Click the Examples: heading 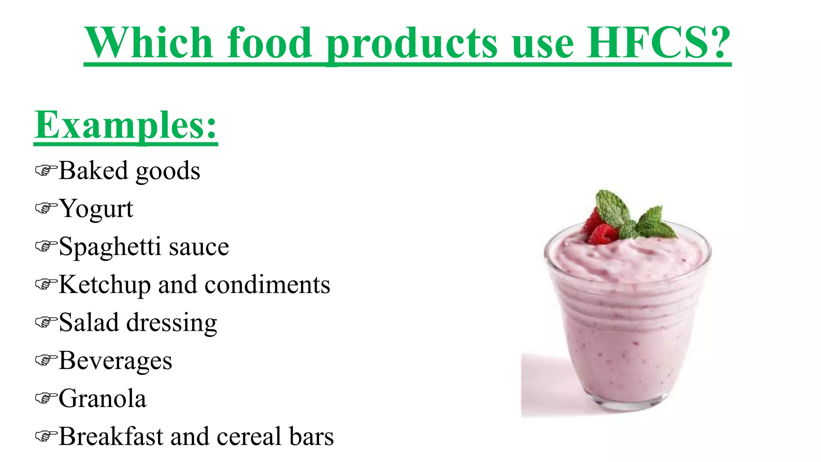(125, 126)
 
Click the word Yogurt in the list (96, 209)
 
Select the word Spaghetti (110, 247)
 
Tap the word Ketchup (105, 285)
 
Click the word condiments (267, 285)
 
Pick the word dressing (172, 323)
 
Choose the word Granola (103, 399)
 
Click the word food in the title (269, 43)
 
